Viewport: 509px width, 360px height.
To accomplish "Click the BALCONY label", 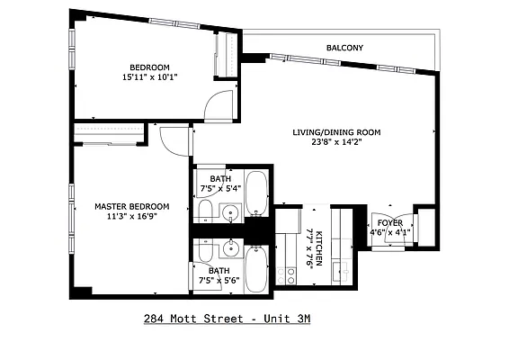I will [x=344, y=48].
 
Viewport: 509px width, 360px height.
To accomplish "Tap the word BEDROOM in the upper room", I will [x=149, y=67].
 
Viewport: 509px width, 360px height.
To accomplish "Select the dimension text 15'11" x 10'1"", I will [x=149, y=77].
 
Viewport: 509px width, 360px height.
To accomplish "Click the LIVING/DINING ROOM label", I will [x=336, y=132].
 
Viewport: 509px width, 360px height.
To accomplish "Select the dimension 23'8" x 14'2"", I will [x=336, y=142].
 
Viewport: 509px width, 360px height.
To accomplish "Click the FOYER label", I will [x=389, y=222].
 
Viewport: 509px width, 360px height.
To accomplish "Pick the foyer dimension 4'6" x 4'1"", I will [x=389, y=232].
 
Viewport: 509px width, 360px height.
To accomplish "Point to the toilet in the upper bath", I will [x=205, y=212].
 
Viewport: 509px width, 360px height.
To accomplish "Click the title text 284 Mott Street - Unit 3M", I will [x=227, y=319].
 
